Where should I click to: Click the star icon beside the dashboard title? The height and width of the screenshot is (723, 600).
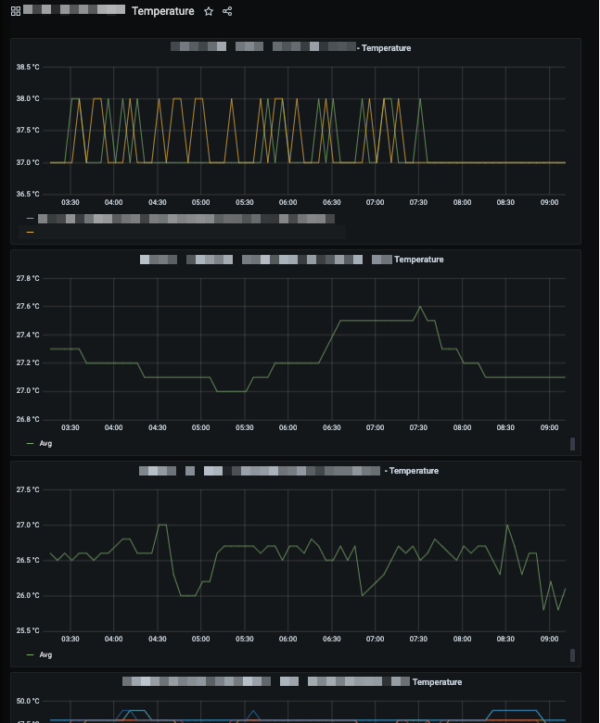209,11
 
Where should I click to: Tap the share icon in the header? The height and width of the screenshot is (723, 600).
227,11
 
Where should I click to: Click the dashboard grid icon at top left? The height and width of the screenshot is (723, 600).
16,11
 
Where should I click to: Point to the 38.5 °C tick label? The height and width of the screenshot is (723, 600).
28,67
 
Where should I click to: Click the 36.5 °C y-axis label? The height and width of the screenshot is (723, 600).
28,194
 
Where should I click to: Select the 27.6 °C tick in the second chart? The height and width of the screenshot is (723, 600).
28,306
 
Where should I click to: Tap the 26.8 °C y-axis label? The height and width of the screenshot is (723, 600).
28,419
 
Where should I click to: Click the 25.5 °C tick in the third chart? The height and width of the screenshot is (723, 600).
28,630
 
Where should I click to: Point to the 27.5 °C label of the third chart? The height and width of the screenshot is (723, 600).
28,489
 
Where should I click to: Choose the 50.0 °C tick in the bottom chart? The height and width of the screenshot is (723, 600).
28,701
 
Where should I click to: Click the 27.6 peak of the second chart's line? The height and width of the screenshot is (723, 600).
420,307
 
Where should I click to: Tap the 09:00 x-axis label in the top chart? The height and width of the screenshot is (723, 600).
549,202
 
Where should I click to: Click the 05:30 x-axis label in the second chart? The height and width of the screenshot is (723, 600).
244,427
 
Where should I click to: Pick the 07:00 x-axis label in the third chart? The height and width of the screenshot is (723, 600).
375,639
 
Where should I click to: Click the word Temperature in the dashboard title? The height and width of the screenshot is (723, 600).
163,11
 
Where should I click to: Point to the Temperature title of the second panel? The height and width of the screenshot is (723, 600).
419,260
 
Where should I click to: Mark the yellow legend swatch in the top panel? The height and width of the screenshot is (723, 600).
31,232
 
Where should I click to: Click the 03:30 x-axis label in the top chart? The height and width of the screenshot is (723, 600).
70,202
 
